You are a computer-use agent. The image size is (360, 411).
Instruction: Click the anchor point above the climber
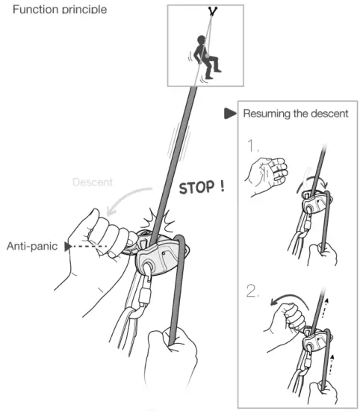tap(214, 12)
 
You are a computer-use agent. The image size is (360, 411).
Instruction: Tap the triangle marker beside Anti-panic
tap(69, 245)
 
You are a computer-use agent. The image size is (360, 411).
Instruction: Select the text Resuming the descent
tap(295, 114)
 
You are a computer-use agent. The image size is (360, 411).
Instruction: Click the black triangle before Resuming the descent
tap(230, 114)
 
